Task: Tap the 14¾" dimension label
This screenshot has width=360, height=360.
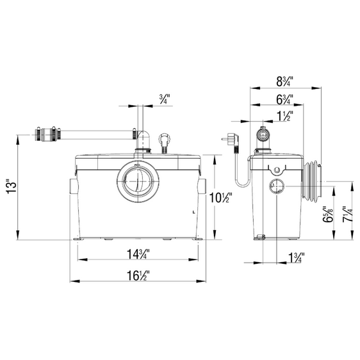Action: (138, 254)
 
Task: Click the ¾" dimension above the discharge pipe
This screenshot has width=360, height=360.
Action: (164, 99)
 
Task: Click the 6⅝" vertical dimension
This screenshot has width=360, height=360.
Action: (328, 215)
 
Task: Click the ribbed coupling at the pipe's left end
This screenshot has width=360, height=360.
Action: (47, 135)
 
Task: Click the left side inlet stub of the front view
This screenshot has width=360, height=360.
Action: (71, 188)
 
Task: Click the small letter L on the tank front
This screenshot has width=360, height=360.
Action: (192, 211)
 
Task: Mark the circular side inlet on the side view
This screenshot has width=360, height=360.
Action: (276, 187)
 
